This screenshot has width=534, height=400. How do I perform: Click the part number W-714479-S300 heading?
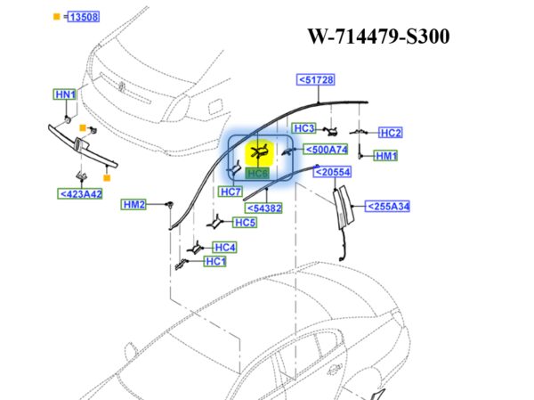click(x=378, y=37)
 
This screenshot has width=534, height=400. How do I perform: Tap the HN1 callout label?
click(x=65, y=94)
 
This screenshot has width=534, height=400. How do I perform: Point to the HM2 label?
click(x=133, y=205)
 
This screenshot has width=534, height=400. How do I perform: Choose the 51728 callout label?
click(x=315, y=80)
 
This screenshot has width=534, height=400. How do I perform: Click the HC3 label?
click(x=304, y=127)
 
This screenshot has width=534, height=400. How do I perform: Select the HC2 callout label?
click(x=391, y=133)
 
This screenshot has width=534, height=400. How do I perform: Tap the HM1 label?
click(x=385, y=156)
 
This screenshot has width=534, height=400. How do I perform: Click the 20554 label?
click(x=333, y=172)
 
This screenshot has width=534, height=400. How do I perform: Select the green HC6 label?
click(x=258, y=173)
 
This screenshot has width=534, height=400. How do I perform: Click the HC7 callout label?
click(x=230, y=192)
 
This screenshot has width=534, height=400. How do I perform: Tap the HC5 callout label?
click(x=245, y=222)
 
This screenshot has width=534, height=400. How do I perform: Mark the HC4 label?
click(x=224, y=247)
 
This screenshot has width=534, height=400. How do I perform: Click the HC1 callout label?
click(x=214, y=261)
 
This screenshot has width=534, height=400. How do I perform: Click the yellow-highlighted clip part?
click(x=259, y=152)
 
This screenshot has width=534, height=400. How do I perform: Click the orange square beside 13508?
click(x=57, y=17)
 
